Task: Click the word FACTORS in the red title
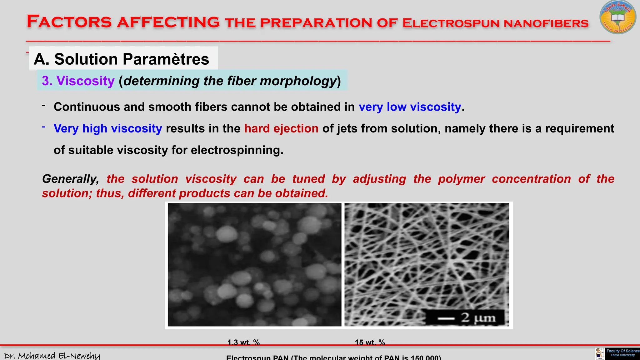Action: [69, 22]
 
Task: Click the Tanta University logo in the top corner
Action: [617, 17]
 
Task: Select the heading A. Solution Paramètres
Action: [122, 59]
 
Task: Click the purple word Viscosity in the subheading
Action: [85, 81]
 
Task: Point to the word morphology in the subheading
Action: [298, 81]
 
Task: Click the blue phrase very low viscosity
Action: [410, 107]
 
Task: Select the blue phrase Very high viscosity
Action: [108, 128]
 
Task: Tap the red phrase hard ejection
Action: [281, 128]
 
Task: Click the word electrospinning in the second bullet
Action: [237, 150]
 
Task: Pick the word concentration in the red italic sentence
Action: [531, 179]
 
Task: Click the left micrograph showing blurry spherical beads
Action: [254, 265]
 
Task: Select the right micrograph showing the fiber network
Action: [427, 256]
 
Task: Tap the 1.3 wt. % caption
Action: [243, 342]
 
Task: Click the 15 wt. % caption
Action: [370, 342]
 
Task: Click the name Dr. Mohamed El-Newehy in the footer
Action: [52, 356]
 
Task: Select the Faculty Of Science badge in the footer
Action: [622, 353]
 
